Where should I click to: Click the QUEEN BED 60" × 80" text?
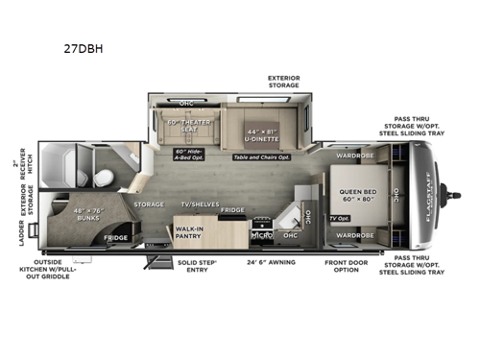tap(354, 196)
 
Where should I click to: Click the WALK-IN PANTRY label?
tap(188, 232)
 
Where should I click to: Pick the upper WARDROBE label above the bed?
tap(354, 155)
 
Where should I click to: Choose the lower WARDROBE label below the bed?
tap(354, 235)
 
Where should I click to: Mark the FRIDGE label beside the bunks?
tap(115, 237)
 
